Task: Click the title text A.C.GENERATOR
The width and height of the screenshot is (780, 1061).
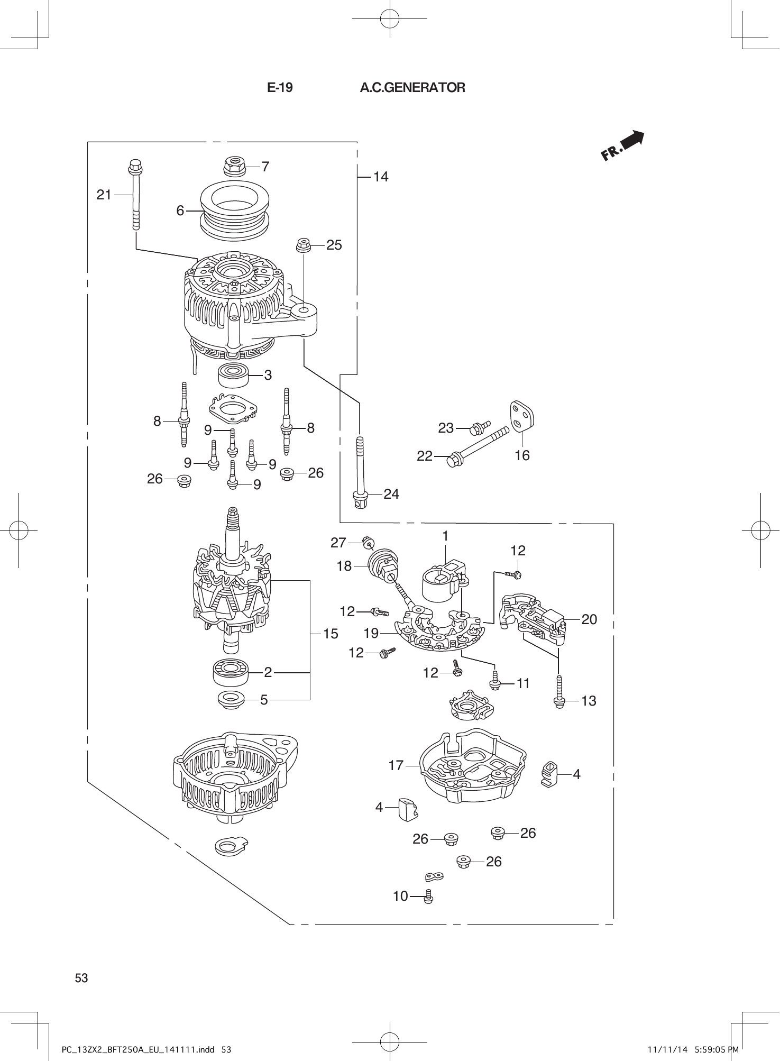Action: click(412, 88)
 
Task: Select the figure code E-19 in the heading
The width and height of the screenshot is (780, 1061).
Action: click(280, 88)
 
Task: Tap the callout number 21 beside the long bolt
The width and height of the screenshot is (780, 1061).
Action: click(104, 195)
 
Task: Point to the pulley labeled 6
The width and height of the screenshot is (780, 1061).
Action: click(235, 209)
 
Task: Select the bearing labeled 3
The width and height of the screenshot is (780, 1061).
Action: click(233, 375)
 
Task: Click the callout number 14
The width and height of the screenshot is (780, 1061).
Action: click(381, 177)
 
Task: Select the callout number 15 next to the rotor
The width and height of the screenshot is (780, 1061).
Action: click(331, 634)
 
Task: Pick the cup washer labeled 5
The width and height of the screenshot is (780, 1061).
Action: click(231, 700)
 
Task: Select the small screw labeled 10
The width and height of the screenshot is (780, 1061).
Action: click(429, 896)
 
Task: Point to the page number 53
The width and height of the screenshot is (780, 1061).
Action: click(81, 978)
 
